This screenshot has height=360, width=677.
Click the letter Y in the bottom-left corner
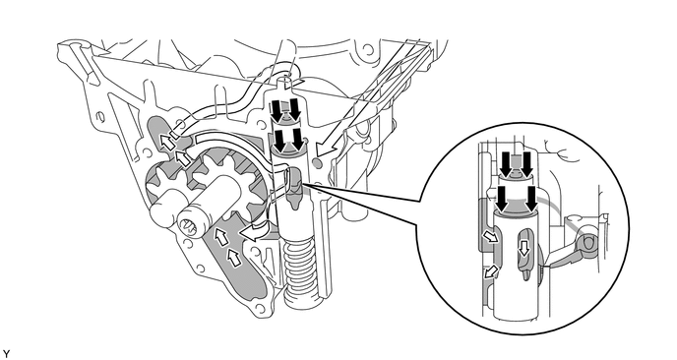[7, 351]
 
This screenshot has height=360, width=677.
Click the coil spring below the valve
[300, 268]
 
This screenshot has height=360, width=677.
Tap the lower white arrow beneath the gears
[235, 258]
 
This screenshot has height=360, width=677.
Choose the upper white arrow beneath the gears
[222, 236]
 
